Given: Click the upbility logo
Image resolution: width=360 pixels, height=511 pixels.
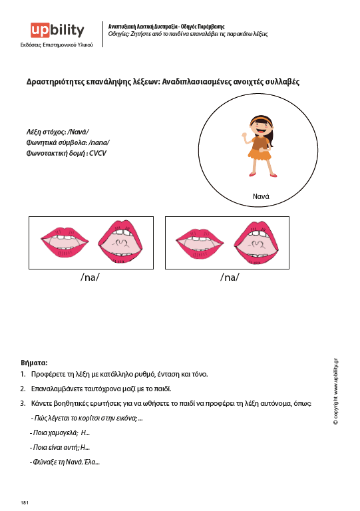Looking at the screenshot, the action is tap(57, 31).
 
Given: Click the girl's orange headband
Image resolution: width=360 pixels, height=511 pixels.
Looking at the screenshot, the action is tap(261, 119).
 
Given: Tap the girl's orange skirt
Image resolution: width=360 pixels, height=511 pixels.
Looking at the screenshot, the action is tap(260, 154).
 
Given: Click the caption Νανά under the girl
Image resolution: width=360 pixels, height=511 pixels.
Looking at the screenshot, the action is tap(261, 196).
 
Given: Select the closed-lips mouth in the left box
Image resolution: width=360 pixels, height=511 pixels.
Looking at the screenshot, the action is tap(65, 242).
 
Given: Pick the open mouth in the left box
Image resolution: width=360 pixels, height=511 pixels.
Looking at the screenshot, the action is tap(120, 242).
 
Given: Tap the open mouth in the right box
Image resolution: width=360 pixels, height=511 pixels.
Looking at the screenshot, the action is tap(256, 243).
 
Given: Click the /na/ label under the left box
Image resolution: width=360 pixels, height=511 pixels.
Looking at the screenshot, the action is tap(90, 277).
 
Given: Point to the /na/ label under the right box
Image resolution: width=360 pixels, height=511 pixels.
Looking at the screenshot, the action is tap(230, 277).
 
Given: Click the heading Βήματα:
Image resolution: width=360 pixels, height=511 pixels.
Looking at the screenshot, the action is tap(34, 363).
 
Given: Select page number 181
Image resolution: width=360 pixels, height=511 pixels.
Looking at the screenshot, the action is tap(25, 502).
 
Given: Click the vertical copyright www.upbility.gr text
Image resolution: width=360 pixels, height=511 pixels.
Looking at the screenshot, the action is tap(335, 391).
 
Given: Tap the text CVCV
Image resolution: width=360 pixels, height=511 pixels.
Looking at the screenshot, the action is tap(98, 153).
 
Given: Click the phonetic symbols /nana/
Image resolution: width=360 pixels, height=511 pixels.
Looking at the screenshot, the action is tap(99, 142).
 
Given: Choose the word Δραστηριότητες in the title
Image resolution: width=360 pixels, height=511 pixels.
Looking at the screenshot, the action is tap(55, 82).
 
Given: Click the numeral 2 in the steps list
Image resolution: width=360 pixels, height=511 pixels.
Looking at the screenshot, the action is tap(22, 389).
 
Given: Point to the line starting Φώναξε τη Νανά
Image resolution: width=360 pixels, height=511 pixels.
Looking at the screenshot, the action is tap(65, 462).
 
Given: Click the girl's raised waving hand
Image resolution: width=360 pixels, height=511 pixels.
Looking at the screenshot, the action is tap(244, 135).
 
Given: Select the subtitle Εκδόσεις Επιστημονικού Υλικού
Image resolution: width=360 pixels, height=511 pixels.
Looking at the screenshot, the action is tap(57, 45).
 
